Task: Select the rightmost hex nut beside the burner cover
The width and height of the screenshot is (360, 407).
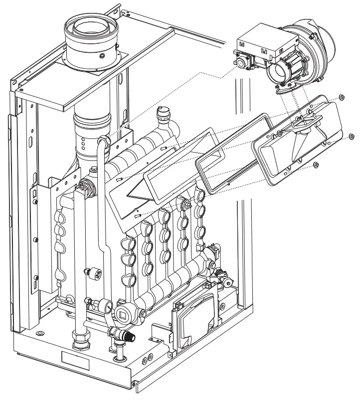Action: (352, 136)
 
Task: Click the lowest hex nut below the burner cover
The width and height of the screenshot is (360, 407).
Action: (317, 164)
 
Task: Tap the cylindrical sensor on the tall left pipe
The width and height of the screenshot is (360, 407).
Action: (93, 271)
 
